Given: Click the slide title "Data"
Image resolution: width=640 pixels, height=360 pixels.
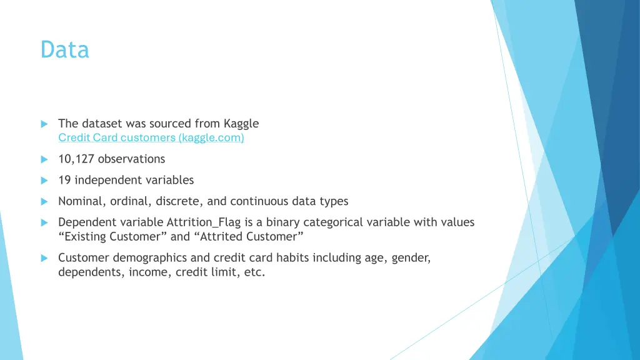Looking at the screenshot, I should (x=65, y=49).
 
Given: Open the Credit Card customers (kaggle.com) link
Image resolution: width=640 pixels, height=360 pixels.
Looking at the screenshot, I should (x=151, y=138).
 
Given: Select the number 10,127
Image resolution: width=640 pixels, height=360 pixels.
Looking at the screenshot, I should (x=76, y=159).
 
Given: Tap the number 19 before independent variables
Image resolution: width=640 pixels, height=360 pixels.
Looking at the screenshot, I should (x=64, y=180).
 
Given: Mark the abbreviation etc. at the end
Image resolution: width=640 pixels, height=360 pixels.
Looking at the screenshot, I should (x=254, y=272).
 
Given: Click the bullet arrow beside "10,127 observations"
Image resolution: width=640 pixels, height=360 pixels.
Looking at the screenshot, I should (x=44, y=159).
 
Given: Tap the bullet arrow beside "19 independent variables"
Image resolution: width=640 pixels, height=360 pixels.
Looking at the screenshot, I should (x=44, y=181).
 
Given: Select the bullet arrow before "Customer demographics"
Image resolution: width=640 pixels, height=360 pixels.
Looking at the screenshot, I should (x=44, y=258).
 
